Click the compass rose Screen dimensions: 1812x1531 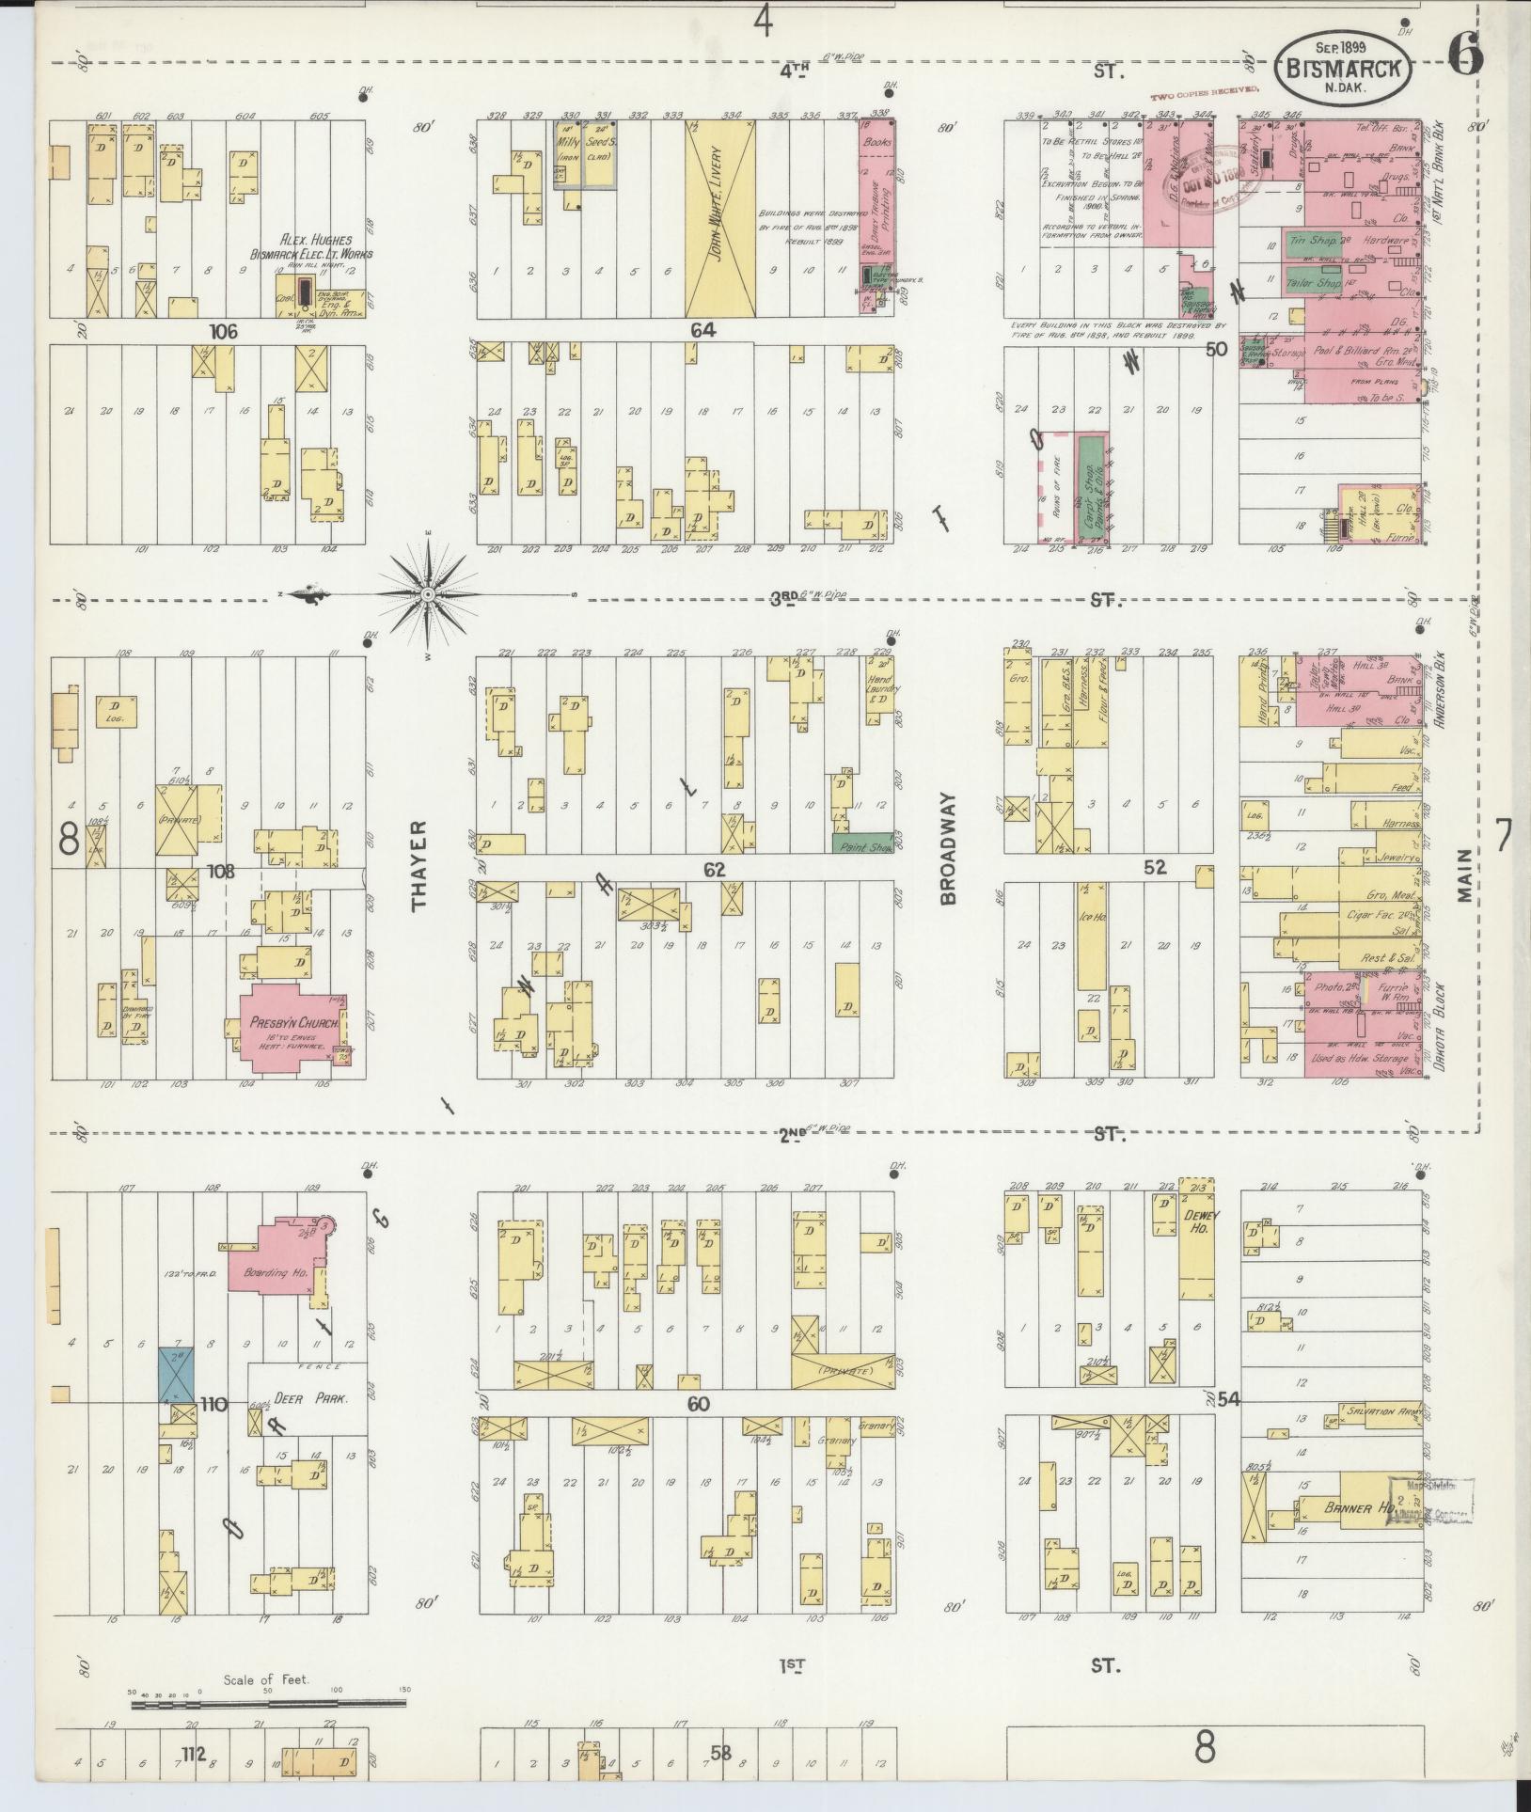[428, 594]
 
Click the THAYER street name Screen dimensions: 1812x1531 [418, 865]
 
